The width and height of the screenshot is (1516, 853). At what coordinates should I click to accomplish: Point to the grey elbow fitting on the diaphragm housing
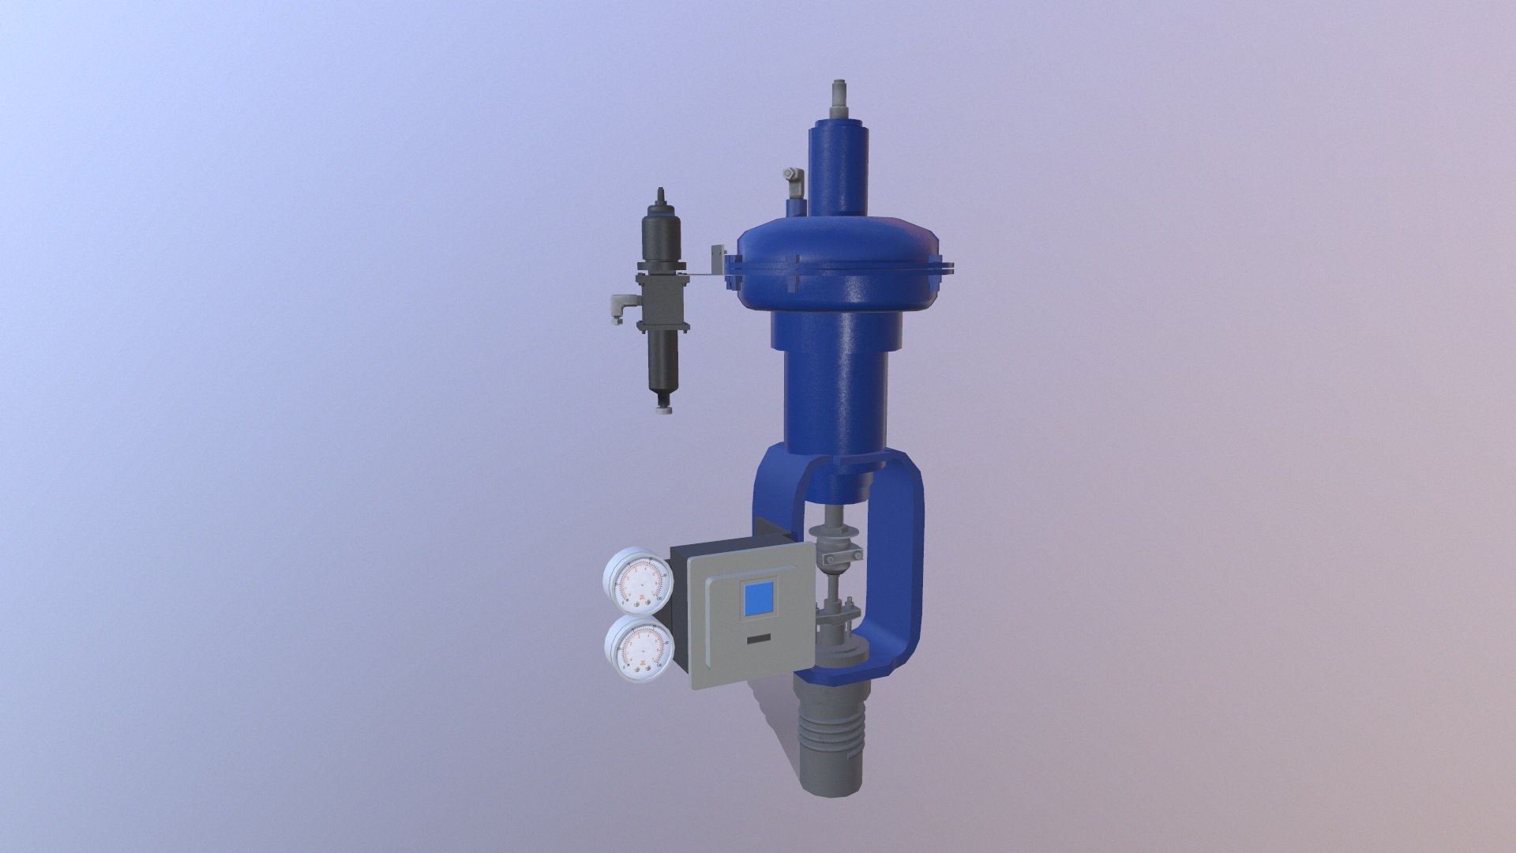click(793, 181)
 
